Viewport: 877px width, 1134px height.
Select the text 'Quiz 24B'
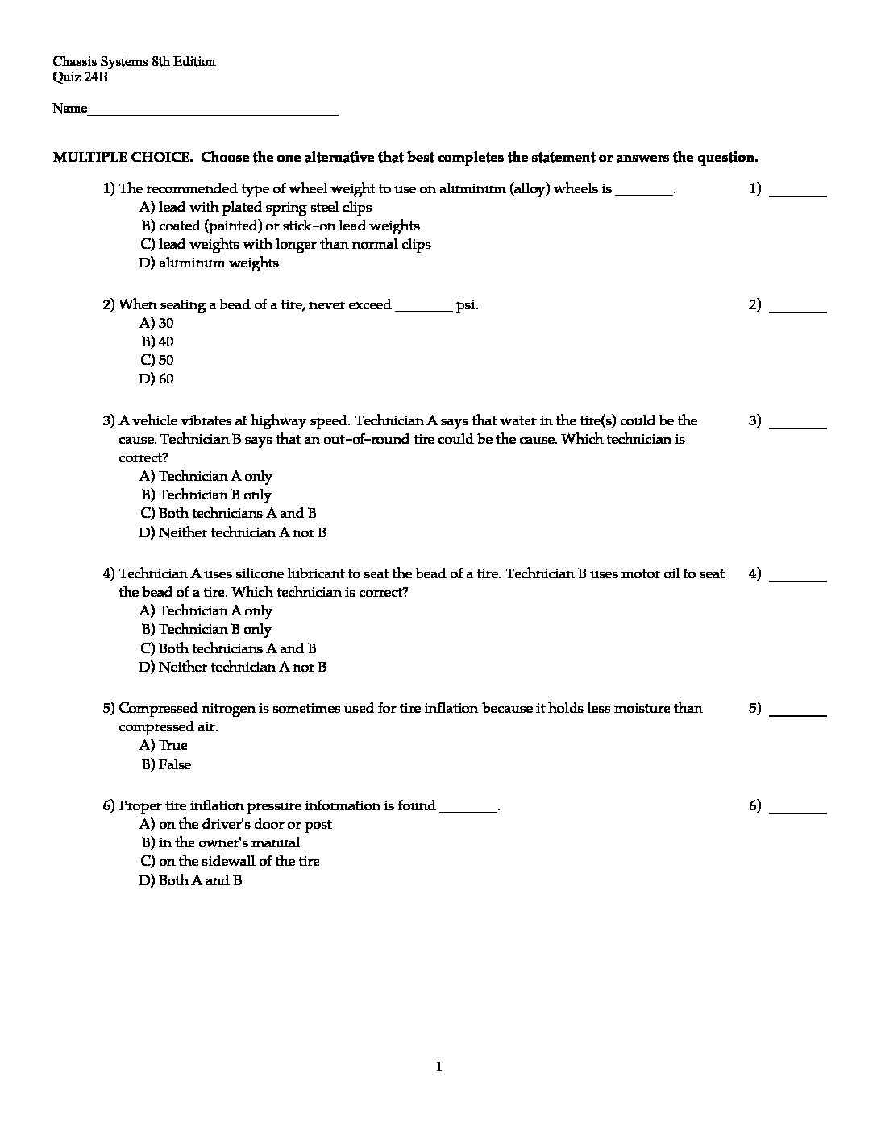click(x=80, y=77)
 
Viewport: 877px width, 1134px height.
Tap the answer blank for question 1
click(x=798, y=193)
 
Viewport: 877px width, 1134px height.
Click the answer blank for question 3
click(x=798, y=425)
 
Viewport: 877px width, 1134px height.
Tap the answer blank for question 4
click(x=798, y=578)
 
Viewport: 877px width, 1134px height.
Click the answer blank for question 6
click(x=798, y=810)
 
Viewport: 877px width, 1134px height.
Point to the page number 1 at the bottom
click(x=438, y=1067)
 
